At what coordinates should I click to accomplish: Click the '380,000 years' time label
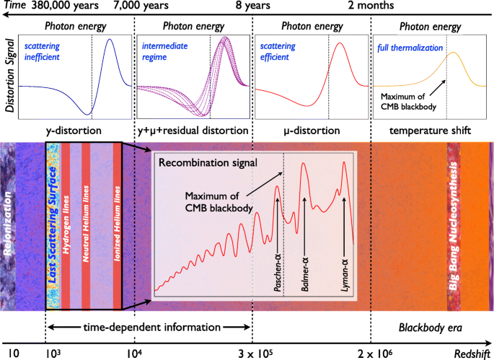(69, 6)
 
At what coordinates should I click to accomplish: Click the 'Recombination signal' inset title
(208, 163)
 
